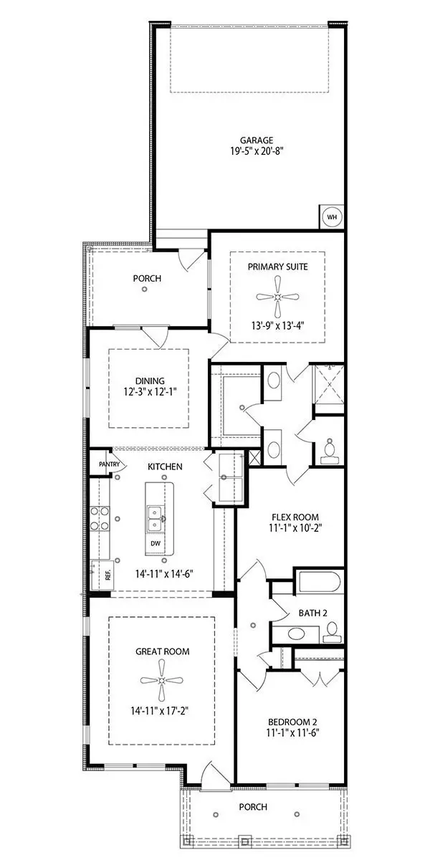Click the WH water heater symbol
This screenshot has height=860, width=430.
click(331, 216)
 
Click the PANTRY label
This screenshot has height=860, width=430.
click(100, 464)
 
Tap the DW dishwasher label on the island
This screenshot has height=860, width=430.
click(155, 543)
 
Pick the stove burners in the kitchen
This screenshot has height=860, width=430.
click(100, 518)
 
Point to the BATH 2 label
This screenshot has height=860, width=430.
click(313, 613)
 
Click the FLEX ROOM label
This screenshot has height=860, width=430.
click(295, 517)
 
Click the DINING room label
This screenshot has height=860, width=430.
click(148, 381)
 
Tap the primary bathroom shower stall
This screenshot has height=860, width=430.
click(327, 386)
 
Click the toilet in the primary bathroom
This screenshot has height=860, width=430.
click(330, 449)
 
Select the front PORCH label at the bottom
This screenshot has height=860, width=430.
click(253, 807)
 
